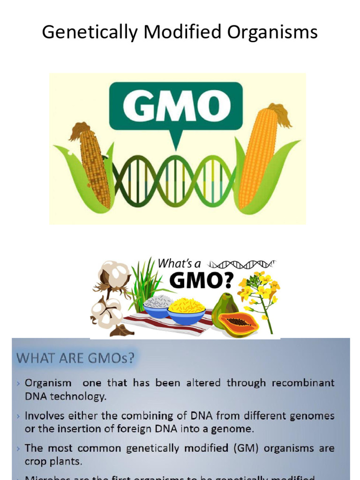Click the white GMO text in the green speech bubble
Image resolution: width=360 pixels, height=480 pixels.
[x=175, y=106]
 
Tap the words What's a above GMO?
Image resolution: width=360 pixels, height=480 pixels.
[x=179, y=263]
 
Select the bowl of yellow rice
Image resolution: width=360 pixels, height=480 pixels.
[x=186, y=310]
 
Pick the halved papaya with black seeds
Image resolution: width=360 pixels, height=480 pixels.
[x=239, y=324]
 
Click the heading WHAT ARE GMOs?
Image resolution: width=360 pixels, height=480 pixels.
[x=75, y=359]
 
